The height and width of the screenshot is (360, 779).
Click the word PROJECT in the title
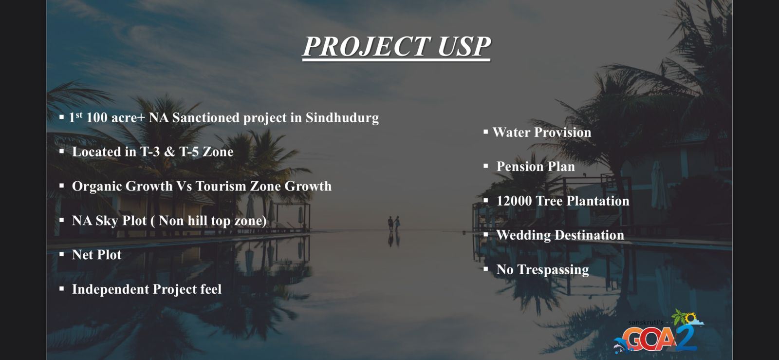coord(367,47)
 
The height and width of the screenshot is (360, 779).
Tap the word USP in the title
coord(464,47)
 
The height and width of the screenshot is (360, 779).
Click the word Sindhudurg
coord(342,118)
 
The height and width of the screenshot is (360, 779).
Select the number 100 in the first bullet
coord(97,117)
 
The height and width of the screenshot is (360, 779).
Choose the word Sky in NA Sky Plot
coord(107,221)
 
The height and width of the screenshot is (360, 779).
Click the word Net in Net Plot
coord(82,255)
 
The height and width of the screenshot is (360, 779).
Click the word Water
coord(511,132)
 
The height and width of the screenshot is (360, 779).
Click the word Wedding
coord(523,235)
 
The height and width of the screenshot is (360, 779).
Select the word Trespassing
coord(553,269)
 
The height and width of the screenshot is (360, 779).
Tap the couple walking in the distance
coord(394,224)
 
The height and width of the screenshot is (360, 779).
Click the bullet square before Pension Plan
coord(486,166)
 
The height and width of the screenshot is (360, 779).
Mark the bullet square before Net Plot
coord(61,255)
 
